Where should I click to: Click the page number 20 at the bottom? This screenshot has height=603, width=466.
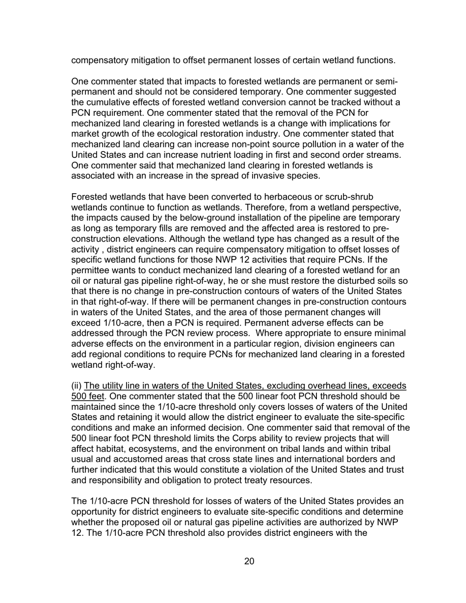[x=249, y=561]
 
